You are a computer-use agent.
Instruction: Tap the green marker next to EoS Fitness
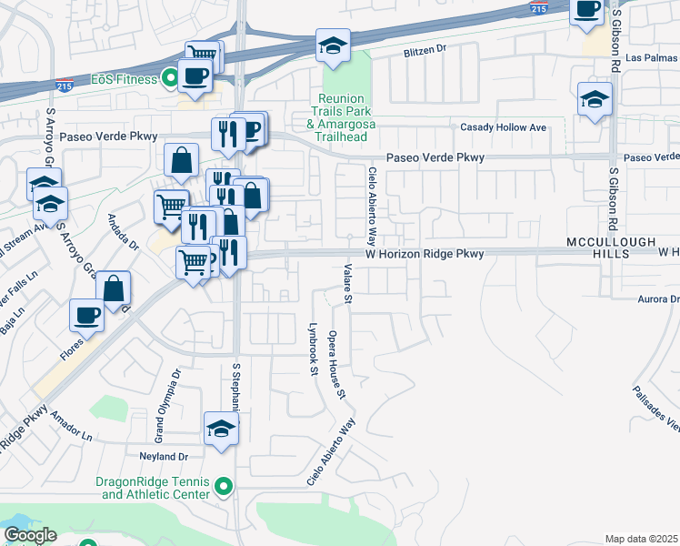click(168, 77)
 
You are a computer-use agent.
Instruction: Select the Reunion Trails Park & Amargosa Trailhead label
click(343, 117)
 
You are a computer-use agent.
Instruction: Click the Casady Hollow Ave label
click(504, 127)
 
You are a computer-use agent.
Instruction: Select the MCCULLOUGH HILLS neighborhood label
click(597, 247)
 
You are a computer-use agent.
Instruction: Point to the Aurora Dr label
click(658, 299)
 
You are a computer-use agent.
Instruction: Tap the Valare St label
click(347, 281)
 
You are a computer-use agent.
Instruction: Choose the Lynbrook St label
click(312, 346)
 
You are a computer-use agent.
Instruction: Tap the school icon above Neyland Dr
click(221, 429)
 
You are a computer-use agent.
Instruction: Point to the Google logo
click(29, 535)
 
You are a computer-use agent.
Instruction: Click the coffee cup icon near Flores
click(87, 315)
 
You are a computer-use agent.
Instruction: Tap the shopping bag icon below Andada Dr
click(114, 289)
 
